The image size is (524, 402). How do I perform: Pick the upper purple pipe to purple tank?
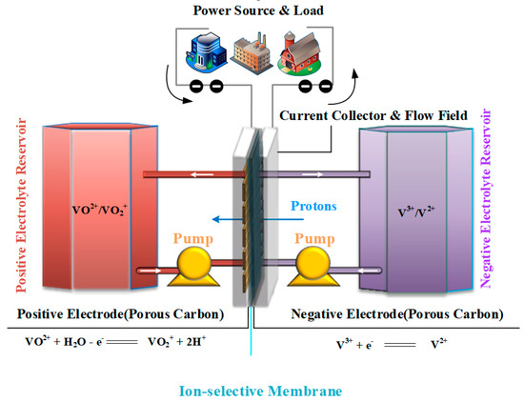click(314, 174)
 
